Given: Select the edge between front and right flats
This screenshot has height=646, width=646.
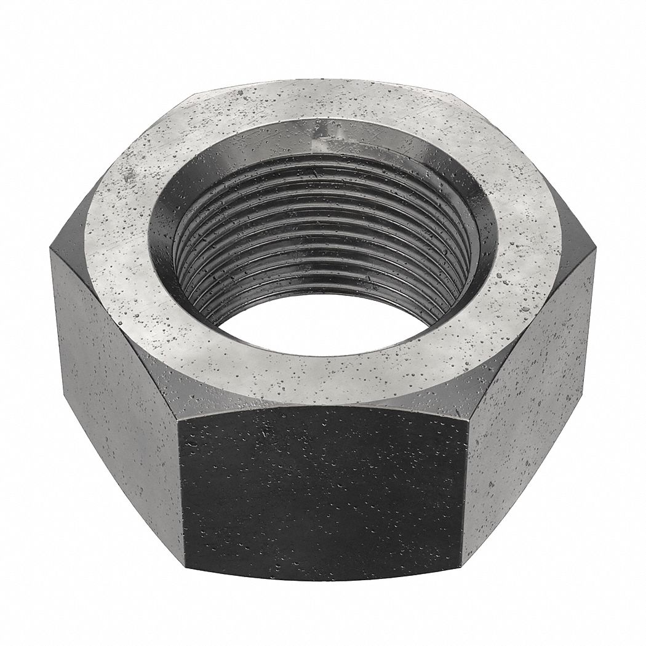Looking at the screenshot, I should pyautogui.click(x=466, y=486).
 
